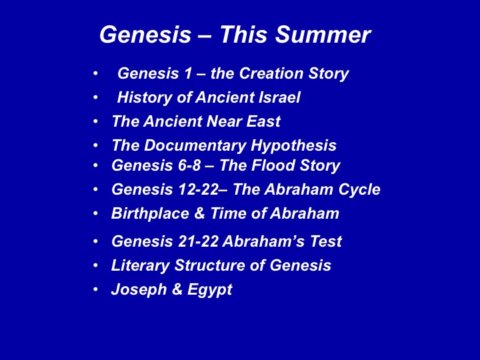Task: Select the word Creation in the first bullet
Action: tap(271, 73)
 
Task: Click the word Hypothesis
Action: tap(293, 145)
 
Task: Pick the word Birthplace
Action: tap(150, 213)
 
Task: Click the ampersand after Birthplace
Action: tap(199, 213)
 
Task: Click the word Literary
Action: tap(140, 265)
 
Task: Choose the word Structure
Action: tap(210, 265)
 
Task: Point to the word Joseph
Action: tap(139, 289)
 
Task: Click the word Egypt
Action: tap(210, 289)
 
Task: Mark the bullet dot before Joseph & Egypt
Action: tap(96, 289)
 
